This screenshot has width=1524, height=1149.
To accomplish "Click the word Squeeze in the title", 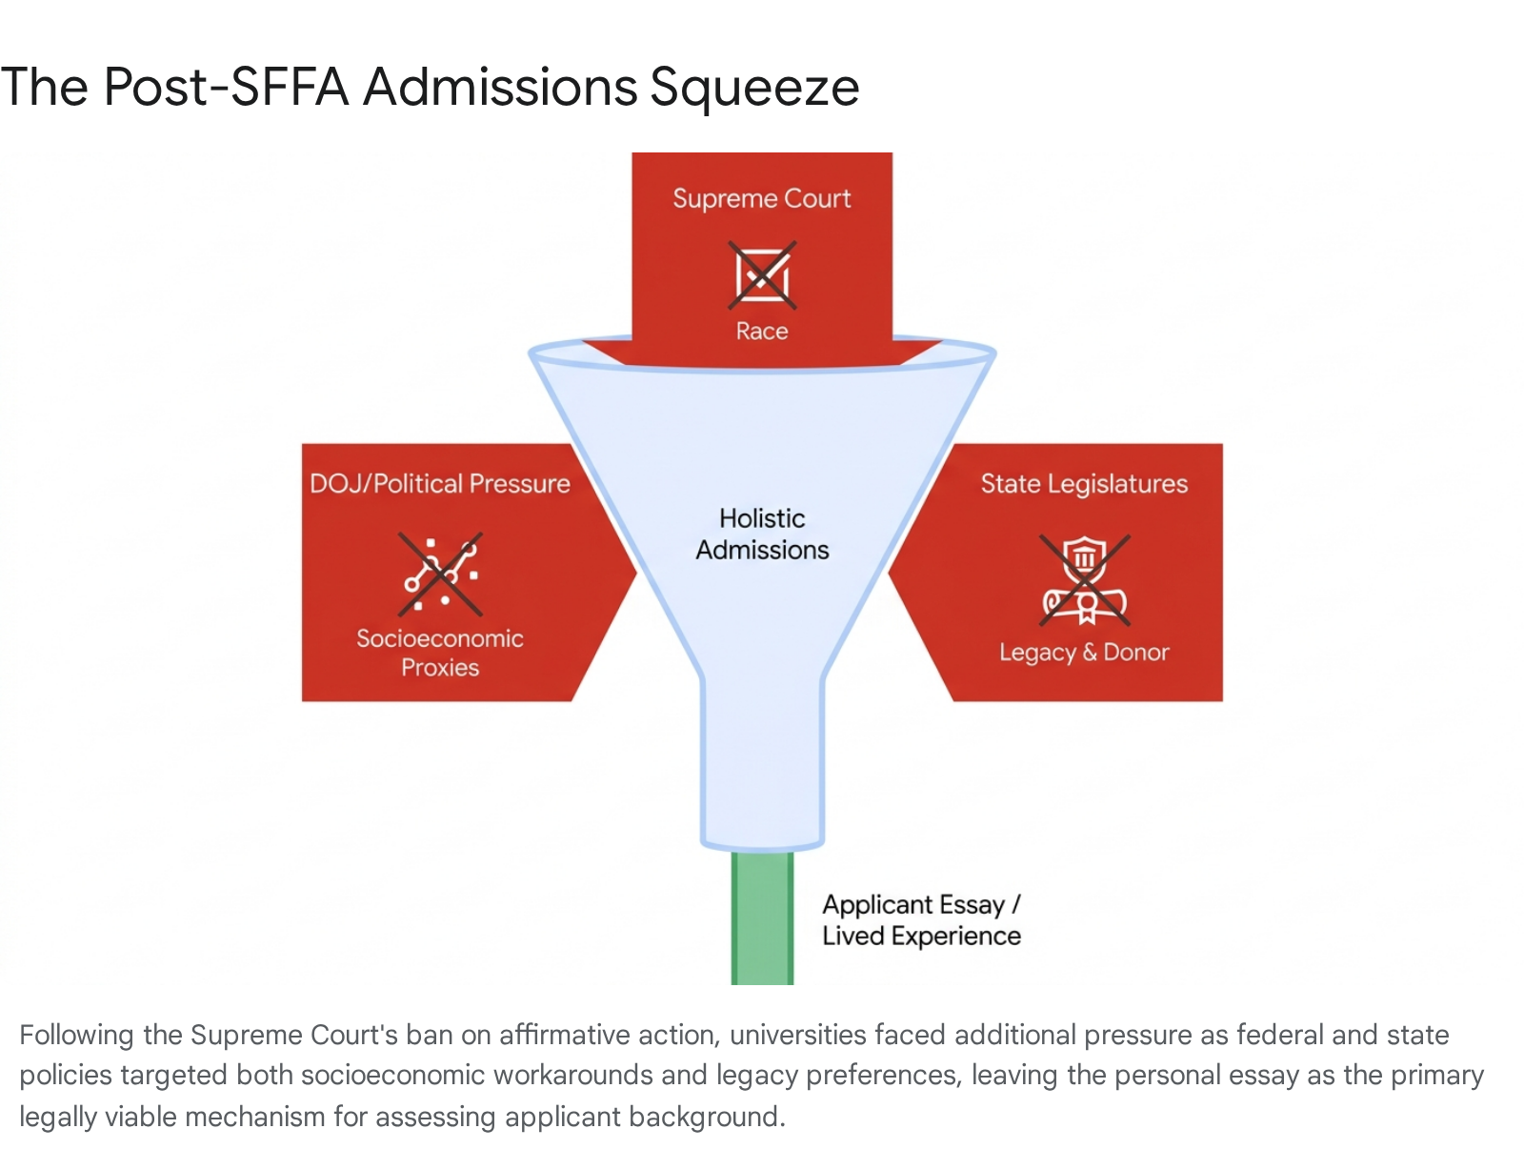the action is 754,89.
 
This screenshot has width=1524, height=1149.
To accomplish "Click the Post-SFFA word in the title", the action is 225,86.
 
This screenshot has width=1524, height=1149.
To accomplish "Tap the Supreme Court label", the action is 762,199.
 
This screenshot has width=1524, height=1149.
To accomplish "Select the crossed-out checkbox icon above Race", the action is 762,275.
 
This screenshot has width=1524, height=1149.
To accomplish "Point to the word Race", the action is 762,331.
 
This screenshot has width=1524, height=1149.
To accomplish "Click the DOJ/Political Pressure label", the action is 439,483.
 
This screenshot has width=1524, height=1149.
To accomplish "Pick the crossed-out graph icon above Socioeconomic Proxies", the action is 439,574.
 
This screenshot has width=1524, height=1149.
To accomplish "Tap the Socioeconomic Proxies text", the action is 439,653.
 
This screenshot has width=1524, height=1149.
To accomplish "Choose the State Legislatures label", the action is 1084,484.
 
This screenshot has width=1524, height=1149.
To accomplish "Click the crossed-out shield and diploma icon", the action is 1085,579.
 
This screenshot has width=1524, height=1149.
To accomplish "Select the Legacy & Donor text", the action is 1084,653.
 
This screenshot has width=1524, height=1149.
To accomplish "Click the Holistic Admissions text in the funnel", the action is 762,534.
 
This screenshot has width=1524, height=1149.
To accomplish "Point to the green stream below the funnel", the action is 762,917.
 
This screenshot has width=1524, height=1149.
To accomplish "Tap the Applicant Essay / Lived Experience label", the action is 921,920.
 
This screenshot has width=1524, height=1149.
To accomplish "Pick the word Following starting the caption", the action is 76,1035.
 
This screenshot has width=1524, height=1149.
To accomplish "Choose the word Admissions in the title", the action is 500,87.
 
